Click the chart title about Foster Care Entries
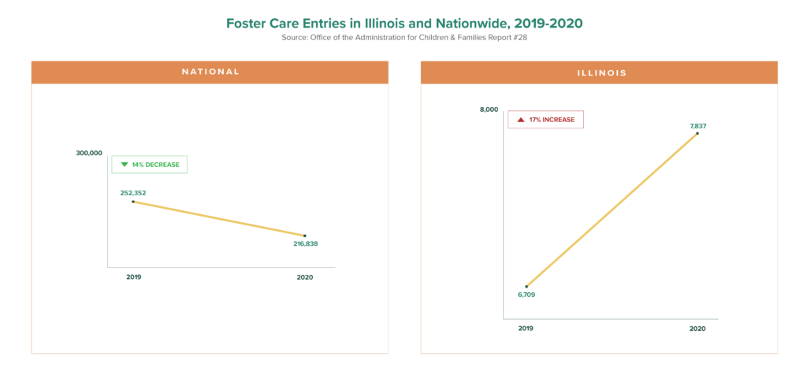point(403,24)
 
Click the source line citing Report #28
point(403,38)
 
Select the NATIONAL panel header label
point(210,72)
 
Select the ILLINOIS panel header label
point(599,72)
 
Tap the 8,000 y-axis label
point(489,109)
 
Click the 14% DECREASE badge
point(150,165)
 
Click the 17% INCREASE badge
point(545,120)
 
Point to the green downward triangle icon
point(124,165)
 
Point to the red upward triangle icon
point(520,120)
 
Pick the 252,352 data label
point(132,192)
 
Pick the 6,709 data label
point(526,295)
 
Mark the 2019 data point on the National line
point(133,202)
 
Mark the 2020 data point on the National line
point(305,236)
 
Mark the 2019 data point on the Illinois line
point(526,286)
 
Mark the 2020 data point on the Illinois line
point(697,133)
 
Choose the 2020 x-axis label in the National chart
point(305,277)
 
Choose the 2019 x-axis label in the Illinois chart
point(526,328)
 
